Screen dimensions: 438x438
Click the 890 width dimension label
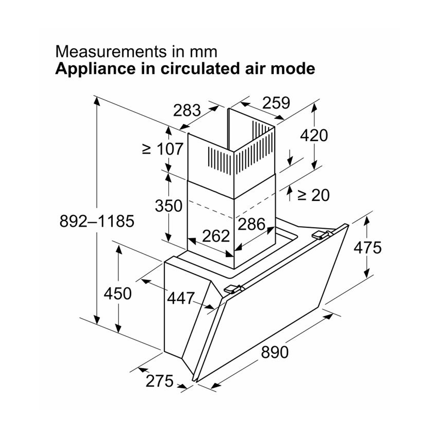tap(275, 352)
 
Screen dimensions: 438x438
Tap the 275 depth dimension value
tap(160, 381)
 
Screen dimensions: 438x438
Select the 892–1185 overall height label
tap(97, 221)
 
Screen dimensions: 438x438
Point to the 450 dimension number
tap(118, 293)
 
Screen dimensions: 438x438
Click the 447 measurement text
tap(181, 298)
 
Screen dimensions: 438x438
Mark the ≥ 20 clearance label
tap(313, 195)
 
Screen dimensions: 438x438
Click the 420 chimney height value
tap(314, 135)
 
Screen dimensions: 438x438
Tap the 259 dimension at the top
tap(276, 103)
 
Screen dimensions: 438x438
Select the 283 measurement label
tap(187, 110)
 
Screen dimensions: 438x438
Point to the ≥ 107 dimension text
tap(163, 149)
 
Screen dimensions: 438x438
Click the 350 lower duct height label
tap(169, 206)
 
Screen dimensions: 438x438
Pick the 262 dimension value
tap(216, 236)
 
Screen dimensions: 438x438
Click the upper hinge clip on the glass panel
tap(321, 235)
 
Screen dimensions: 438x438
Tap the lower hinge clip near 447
tap(233, 289)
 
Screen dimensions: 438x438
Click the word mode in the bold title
tap(296, 69)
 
